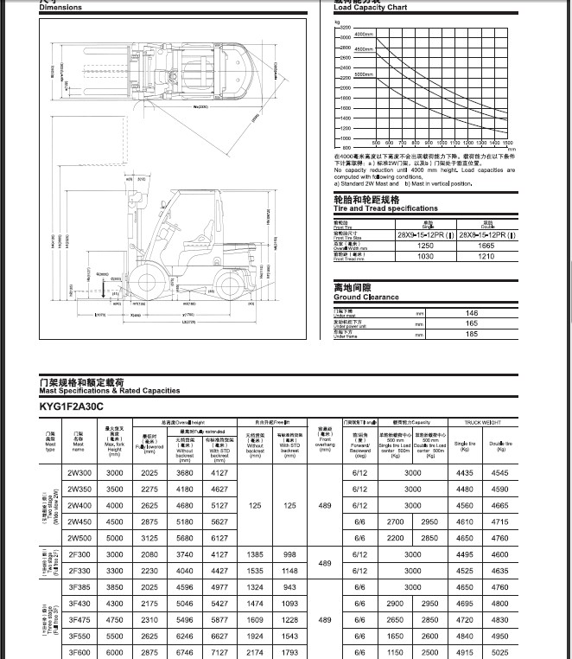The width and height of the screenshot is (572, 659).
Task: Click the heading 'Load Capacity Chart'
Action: point(371,8)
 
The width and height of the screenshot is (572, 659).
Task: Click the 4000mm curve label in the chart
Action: point(363,35)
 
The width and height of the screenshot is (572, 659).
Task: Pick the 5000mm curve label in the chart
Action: point(364,74)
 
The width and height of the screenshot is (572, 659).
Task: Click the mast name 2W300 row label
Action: point(79,473)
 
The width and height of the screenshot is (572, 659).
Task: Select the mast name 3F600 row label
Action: point(79,652)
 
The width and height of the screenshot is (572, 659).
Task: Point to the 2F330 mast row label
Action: point(79,571)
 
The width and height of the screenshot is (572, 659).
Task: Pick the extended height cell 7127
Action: point(219,652)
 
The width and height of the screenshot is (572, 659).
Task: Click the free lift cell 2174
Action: point(255,652)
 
